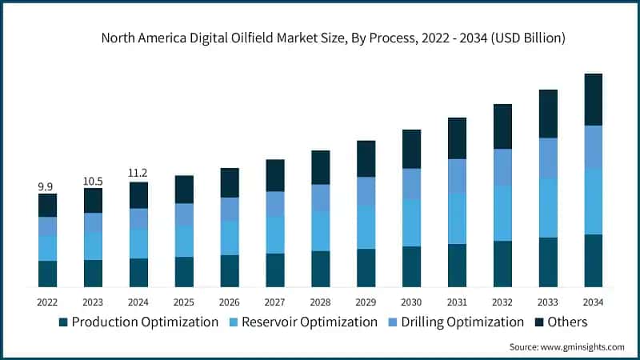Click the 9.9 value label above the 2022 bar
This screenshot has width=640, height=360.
(x=47, y=186)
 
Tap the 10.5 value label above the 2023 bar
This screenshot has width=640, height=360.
(x=93, y=181)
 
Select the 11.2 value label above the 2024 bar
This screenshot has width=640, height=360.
(x=138, y=173)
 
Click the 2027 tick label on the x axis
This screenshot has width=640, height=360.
(x=274, y=302)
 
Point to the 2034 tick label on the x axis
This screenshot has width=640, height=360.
(x=593, y=302)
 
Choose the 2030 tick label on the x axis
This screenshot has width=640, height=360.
(x=411, y=302)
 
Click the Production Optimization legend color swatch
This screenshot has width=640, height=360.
(x=63, y=322)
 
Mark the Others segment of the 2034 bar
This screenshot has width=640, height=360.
(x=593, y=99)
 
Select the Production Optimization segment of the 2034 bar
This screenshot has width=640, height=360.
(x=593, y=260)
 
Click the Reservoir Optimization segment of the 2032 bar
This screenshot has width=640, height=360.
(x=502, y=213)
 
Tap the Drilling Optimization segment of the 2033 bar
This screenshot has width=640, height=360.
(x=548, y=158)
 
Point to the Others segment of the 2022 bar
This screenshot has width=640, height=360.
(x=47, y=205)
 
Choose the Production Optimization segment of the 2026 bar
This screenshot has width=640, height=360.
(x=230, y=270)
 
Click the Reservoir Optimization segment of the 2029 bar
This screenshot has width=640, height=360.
(x=366, y=226)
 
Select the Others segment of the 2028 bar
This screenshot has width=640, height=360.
(x=320, y=167)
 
